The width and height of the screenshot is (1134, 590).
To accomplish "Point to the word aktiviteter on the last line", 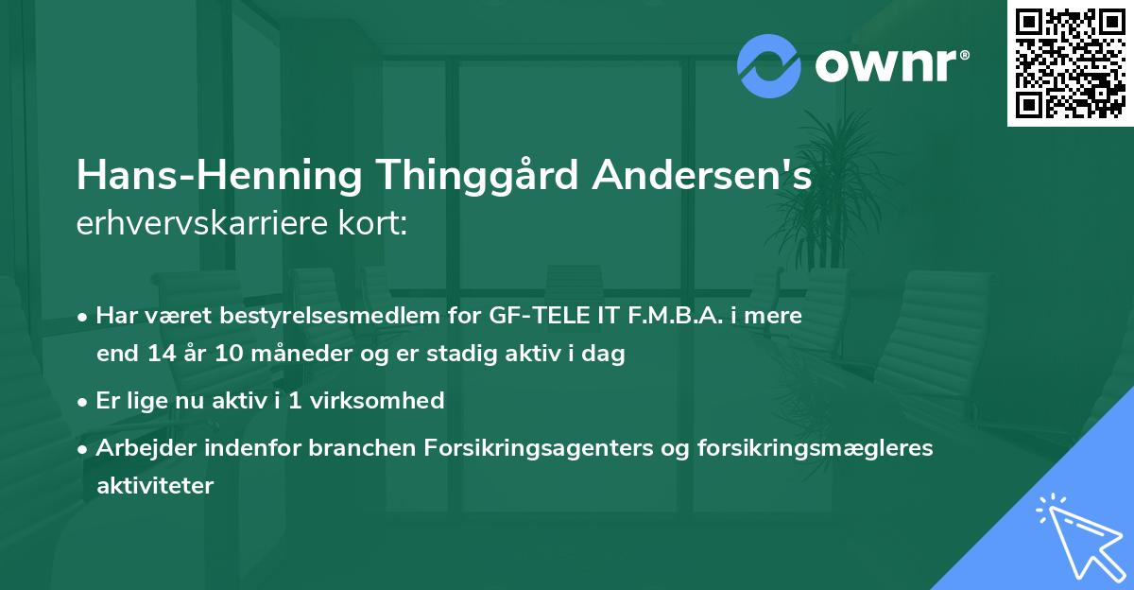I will coord(155,486).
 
